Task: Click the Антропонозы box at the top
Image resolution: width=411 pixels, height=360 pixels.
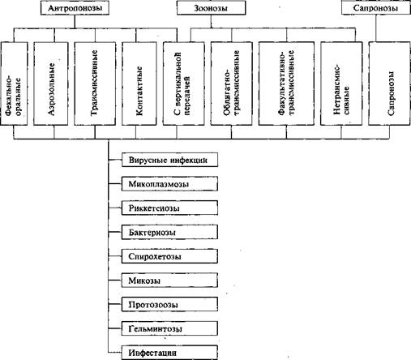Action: pos(75,8)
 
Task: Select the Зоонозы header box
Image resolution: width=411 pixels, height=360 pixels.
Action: pos(211,8)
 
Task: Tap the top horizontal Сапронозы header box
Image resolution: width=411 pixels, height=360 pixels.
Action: pos(376,8)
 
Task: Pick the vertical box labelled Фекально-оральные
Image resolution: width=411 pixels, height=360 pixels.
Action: pos(14,84)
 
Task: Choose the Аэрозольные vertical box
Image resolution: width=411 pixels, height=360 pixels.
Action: pos(51,84)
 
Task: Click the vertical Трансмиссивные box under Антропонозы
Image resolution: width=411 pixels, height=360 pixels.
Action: pos(95,84)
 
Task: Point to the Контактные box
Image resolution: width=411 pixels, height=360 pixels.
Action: pos(139,84)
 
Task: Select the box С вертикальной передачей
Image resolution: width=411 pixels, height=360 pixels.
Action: pos(184,84)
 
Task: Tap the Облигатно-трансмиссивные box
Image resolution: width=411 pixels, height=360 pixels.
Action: pos(231,84)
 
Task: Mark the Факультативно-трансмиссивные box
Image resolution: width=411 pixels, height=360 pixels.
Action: pos(286,84)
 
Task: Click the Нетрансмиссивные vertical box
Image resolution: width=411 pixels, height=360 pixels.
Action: pos(341,84)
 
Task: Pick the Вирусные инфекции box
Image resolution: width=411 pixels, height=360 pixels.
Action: pos(169,160)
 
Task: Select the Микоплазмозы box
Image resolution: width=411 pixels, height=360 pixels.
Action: pos(169,184)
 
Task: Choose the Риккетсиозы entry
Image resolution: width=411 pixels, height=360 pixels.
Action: pos(169,208)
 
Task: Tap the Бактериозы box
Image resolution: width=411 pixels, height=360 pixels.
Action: pos(169,232)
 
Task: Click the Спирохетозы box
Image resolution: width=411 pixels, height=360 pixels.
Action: pos(169,256)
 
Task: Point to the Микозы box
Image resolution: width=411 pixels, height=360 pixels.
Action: pos(169,281)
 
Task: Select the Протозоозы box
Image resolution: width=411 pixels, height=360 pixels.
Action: pos(169,305)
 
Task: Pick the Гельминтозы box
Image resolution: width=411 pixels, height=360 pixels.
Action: pos(169,328)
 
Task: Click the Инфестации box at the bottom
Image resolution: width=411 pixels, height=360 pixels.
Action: pos(169,353)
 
